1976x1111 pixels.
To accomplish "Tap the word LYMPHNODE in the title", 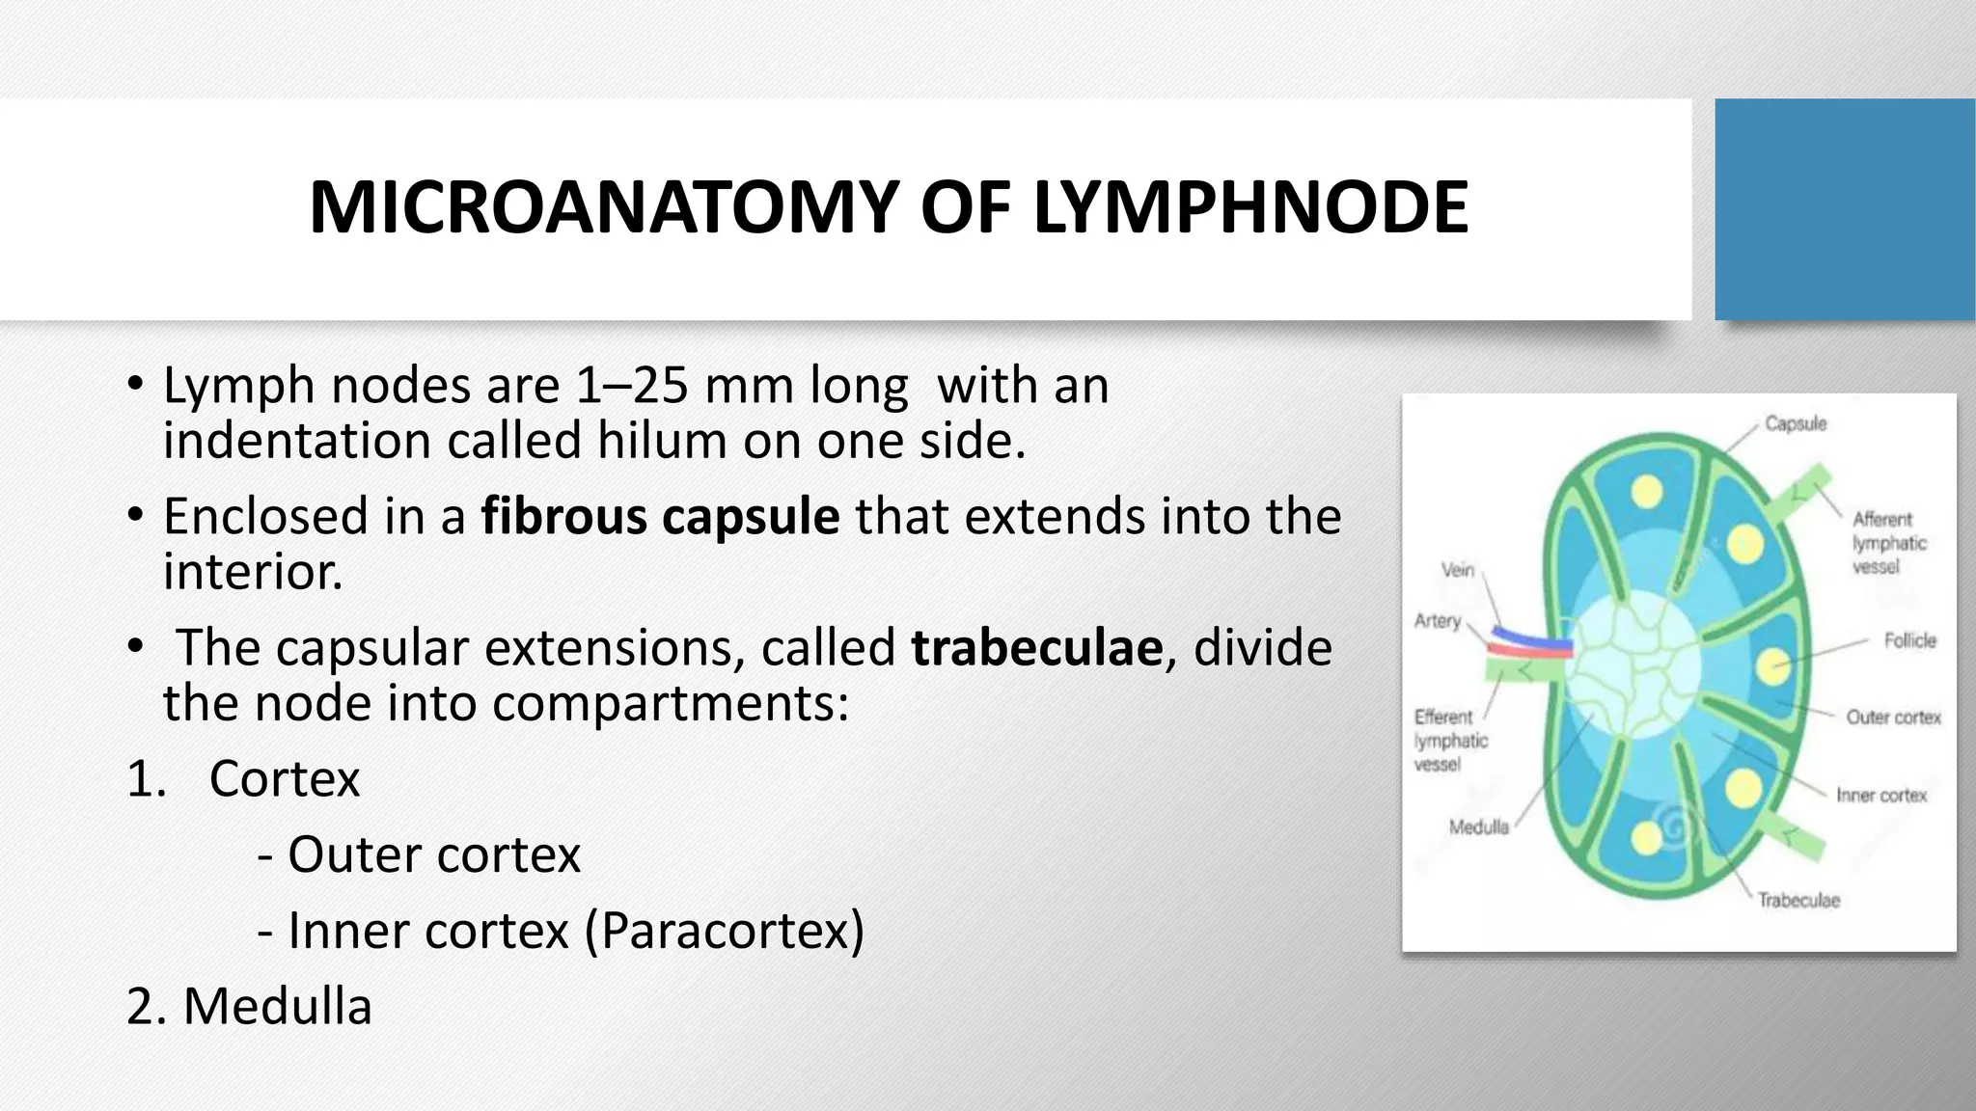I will (x=1250, y=208).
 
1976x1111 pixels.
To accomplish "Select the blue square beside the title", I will (x=1844, y=209).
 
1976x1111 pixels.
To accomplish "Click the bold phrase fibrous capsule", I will (x=660, y=516).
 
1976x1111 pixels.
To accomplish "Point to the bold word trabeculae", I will (x=1037, y=647).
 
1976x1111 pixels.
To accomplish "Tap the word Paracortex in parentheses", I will (x=725, y=931).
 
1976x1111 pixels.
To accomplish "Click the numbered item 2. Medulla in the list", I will (x=249, y=1006).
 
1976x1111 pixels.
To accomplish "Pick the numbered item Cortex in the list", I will (x=284, y=778).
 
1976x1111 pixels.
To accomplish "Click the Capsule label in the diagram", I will (x=1796, y=423).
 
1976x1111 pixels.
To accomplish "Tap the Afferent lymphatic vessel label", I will (x=1888, y=543).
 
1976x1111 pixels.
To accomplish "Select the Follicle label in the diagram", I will (x=1909, y=640).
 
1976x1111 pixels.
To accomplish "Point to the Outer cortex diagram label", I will (x=1893, y=718).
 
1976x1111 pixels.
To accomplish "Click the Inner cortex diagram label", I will (x=1880, y=796).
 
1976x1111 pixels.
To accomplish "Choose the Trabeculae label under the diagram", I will (x=1798, y=901).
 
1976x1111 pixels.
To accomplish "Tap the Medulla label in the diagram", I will (x=1478, y=827).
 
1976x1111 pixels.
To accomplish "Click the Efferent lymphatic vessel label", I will (x=1450, y=741).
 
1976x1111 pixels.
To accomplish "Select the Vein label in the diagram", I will (x=1457, y=570).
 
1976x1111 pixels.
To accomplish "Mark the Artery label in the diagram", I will (x=1438, y=621).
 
